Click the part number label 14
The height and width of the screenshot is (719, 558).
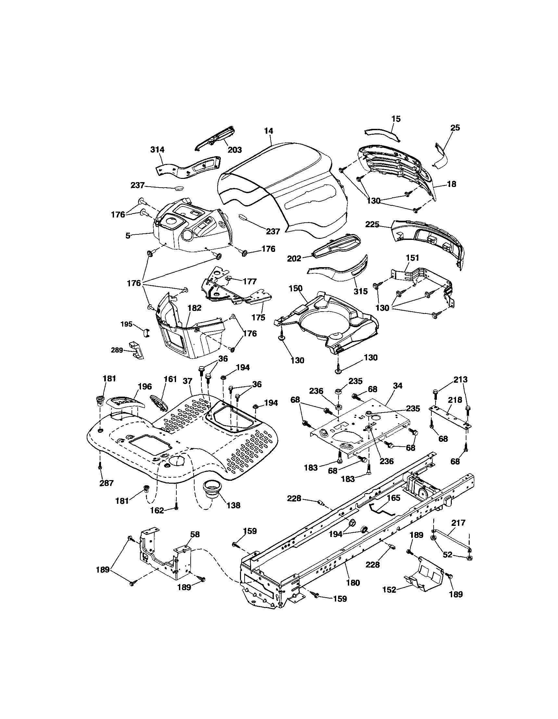269,131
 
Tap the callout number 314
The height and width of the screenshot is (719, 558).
158,150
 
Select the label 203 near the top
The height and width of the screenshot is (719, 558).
235,150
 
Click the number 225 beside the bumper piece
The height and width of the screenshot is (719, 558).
372,224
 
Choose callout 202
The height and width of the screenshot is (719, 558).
294,259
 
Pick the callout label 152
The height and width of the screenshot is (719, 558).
389,589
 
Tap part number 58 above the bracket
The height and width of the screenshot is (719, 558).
195,534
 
